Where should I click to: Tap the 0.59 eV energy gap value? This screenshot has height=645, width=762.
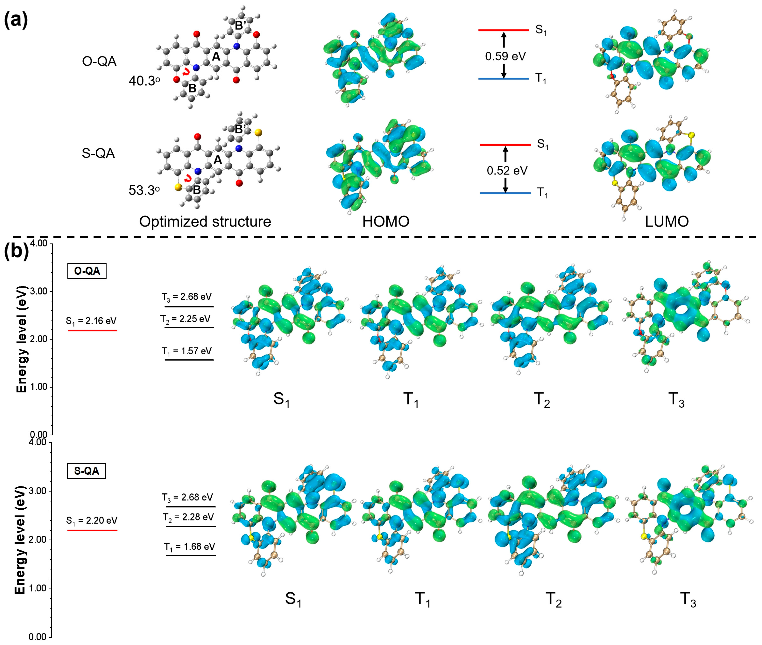point(505,56)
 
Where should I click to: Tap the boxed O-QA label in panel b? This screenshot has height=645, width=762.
point(87,271)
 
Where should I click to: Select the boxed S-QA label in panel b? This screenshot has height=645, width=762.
point(86,471)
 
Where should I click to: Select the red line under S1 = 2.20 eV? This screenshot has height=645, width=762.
point(93,530)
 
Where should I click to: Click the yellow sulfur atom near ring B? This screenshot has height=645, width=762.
point(178,187)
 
